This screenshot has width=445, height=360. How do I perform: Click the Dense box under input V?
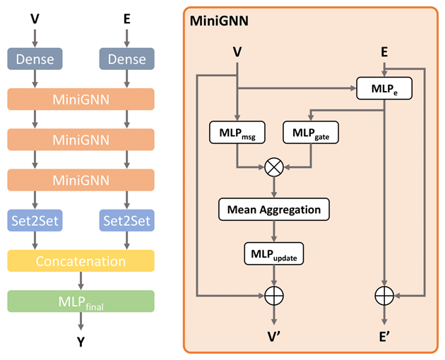pos(35,59)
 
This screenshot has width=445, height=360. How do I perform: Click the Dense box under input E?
pos(126,59)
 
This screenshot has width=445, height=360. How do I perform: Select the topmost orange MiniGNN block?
pos(81,99)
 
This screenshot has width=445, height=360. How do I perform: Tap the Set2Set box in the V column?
pos(35,220)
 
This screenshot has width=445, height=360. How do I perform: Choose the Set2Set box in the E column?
pos(126,220)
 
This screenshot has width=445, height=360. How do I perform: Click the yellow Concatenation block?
pos(81,261)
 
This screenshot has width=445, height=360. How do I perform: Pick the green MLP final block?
pos(81,302)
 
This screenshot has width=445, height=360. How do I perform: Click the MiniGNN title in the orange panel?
pos(219,23)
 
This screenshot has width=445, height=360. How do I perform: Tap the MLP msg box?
pos(238,131)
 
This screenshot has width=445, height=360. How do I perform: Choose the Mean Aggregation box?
pos(274,209)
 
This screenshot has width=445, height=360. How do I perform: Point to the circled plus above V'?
pos(274,293)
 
